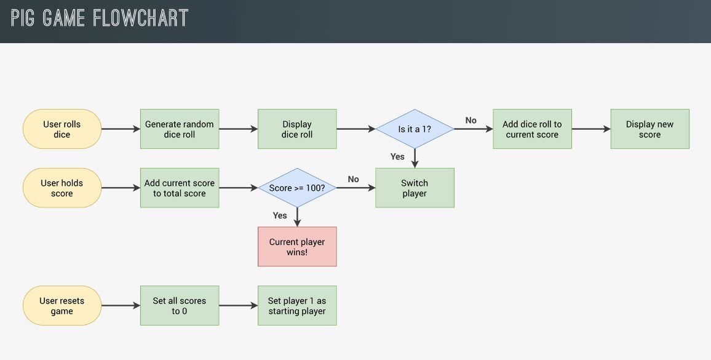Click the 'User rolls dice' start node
(x=62, y=129)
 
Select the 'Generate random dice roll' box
(x=180, y=129)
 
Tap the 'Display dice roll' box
(x=297, y=129)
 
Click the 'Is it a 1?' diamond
(x=415, y=129)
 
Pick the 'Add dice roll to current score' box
(x=532, y=129)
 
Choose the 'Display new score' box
(x=649, y=129)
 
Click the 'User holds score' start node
(x=62, y=188)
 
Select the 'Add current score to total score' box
(x=180, y=188)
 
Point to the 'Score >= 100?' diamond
(x=297, y=188)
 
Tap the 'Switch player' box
(x=415, y=188)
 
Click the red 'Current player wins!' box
(x=297, y=247)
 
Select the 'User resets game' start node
(x=62, y=306)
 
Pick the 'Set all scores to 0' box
(x=180, y=306)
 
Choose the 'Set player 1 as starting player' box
(x=297, y=306)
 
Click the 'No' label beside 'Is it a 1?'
(x=471, y=121)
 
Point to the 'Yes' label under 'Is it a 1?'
(x=397, y=156)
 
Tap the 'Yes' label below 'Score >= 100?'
(x=280, y=215)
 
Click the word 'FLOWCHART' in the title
(x=140, y=18)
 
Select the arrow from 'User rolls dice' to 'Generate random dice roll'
(x=121, y=129)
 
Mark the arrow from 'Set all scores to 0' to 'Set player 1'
(x=238, y=306)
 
